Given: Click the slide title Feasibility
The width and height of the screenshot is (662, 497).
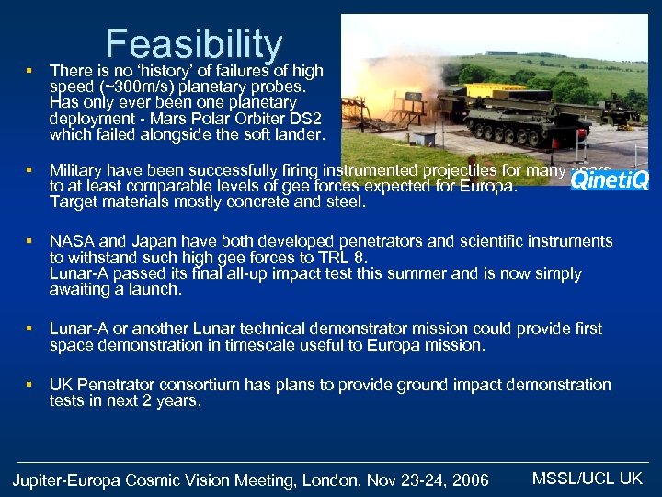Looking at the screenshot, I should pyautogui.click(x=194, y=44).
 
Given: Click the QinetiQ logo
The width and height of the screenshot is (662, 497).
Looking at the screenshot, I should pyautogui.click(x=610, y=179).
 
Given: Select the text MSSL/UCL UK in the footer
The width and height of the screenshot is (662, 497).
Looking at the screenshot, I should pyautogui.click(x=588, y=478).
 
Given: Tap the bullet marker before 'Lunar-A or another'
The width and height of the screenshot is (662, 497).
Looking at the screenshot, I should pyautogui.click(x=29, y=329).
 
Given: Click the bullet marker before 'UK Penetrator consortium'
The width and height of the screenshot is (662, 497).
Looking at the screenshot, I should pyautogui.click(x=29, y=384).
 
